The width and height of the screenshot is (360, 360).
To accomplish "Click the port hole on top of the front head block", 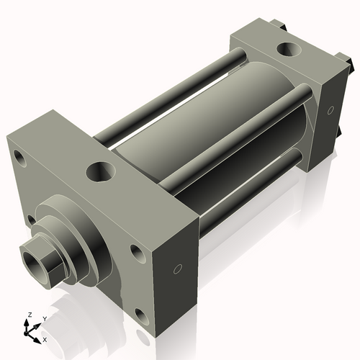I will (98, 173).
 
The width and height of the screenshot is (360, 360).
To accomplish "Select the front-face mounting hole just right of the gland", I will (135, 252).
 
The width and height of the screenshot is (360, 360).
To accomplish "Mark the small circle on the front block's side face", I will (177, 270).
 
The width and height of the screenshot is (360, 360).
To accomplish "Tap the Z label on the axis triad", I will (28, 315).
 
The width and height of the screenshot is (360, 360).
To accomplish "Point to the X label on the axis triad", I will (45, 338).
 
